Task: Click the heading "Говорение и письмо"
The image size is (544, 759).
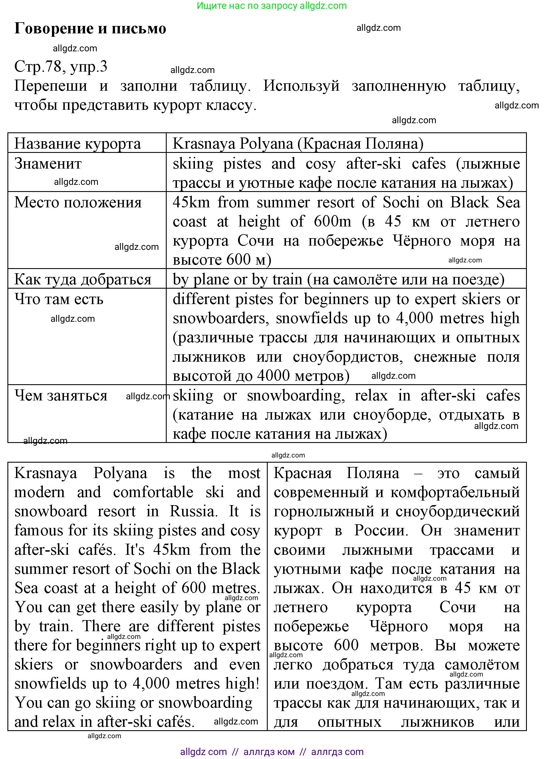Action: click(x=90, y=28)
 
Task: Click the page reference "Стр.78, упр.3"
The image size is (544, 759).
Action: click(x=61, y=66)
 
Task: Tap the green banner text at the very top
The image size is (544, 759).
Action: click(x=271, y=6)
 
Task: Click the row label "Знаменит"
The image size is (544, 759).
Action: click(x=48, y=164)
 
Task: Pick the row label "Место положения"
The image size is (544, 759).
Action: click(x=78, y=203)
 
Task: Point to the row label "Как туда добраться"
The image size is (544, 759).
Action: click(x=83, y=280)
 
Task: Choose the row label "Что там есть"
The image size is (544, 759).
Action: click(x=59, y=299)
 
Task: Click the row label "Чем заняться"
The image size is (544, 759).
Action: click(x=61, y=396)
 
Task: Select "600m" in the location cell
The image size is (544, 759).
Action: click(x=333, y=222)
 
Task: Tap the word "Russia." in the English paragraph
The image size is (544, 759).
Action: click(x=194, y=511)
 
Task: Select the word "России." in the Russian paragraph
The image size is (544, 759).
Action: click(x=381, y=531)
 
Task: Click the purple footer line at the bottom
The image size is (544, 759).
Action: click(x=271, y=752)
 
